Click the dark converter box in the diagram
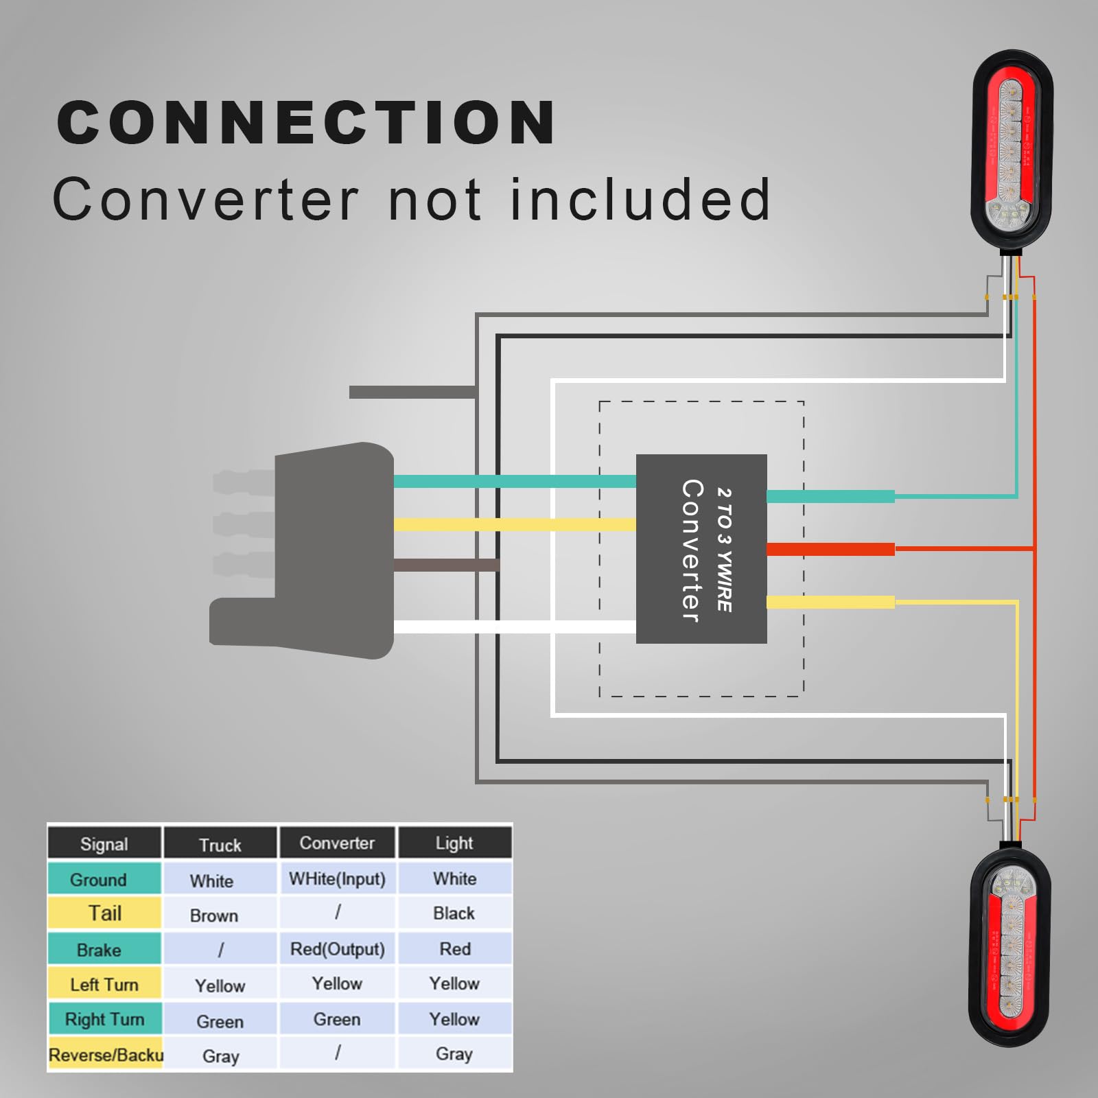[701, 548]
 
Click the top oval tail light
[1012, 151]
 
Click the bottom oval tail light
[1011, 947]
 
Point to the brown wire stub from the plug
[446, 565]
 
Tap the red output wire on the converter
[830, 549]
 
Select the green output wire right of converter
[830, 496]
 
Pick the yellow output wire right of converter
[830, 603]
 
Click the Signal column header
[104, 843]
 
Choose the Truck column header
[220, 844]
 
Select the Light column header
[454, 843]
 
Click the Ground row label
[98, 879]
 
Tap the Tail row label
[104, 913]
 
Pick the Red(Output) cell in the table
[337, 949]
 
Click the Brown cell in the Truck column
[214, 915]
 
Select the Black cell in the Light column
[454, 913]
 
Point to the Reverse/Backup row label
[106, 1055]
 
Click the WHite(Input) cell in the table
[337, 879]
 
